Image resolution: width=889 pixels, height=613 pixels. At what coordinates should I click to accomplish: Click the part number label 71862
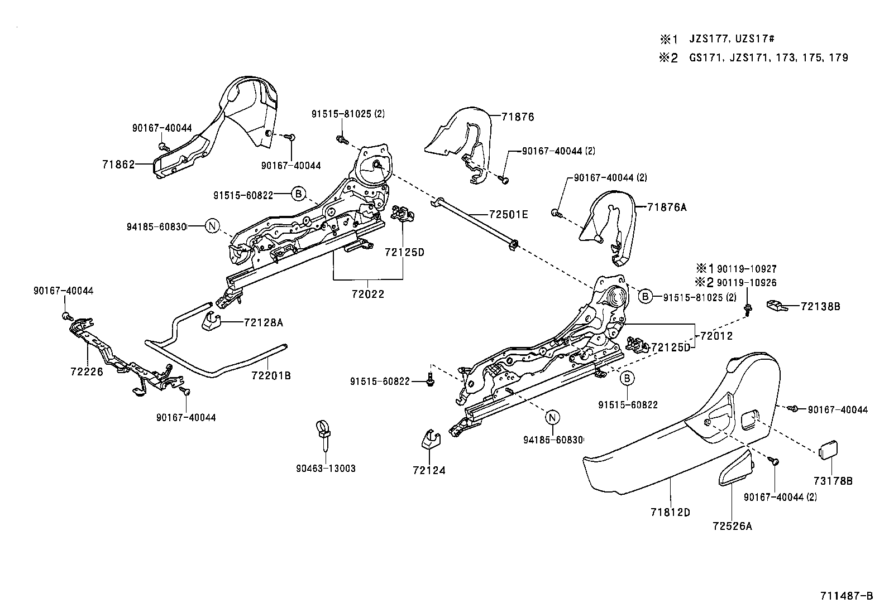pyautogui.click(x=118, y=165)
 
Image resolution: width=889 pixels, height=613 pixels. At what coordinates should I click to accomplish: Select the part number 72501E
pyautogui.click(x=508, y=214)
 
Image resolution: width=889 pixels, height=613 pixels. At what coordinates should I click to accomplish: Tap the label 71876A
pyautogui.click(x=667, y=207)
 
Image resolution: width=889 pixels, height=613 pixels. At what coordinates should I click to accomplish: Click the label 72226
pyautogui.click(x=87, y=371)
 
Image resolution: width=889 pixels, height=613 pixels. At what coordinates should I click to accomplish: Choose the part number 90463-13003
pyautogui.click(x=326, y=469)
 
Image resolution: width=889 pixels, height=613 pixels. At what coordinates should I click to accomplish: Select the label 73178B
pyautogui.click(x=833, y=481)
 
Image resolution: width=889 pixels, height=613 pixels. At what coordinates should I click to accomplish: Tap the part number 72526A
pyautogui.click(x=732, y=525)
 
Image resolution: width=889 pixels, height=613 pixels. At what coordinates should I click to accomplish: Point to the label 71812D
pyautogui.click(x=670, y=511)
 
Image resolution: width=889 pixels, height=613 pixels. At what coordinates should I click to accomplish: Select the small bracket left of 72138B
pyautogui.click(x=776, y=305)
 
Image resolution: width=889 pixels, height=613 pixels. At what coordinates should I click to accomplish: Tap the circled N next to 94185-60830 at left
pyautogui.click(x=212, y=226)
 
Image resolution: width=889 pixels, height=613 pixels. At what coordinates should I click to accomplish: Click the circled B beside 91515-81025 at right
pyautogui.click(x=645, y=297)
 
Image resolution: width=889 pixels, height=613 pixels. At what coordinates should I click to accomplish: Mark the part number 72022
pyautogui.click(x=368, y=294)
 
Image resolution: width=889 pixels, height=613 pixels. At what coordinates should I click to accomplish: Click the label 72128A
pyautogui.click(x=264, y=322)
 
